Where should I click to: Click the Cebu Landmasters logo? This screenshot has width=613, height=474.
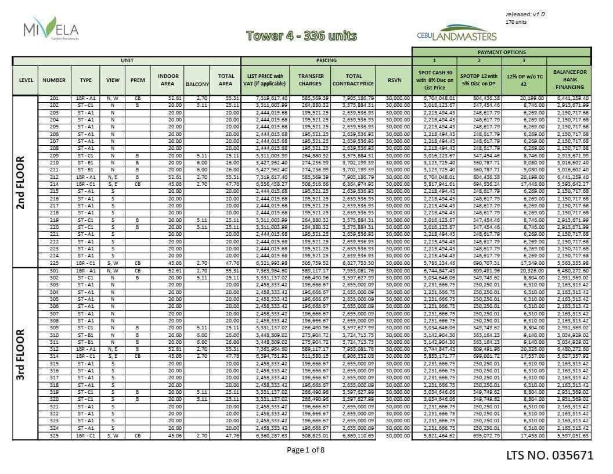pos(457,33)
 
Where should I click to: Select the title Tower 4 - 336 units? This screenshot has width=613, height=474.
pos(301,35)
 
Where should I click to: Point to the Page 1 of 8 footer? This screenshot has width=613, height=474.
pos(306,450)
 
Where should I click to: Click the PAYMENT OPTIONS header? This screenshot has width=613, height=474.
pos(502,52)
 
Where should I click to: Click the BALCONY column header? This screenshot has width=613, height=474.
pos(197,84)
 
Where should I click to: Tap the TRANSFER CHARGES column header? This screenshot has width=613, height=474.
pos(311,80)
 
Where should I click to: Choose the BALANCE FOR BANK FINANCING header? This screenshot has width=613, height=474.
pos(570,80)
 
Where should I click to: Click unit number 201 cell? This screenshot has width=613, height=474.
pos(54,99)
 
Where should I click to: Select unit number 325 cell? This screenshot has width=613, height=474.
pos(54,436)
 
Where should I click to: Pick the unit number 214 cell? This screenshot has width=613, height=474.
pos(54,183)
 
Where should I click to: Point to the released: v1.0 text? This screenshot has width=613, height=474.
pos(525,14)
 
